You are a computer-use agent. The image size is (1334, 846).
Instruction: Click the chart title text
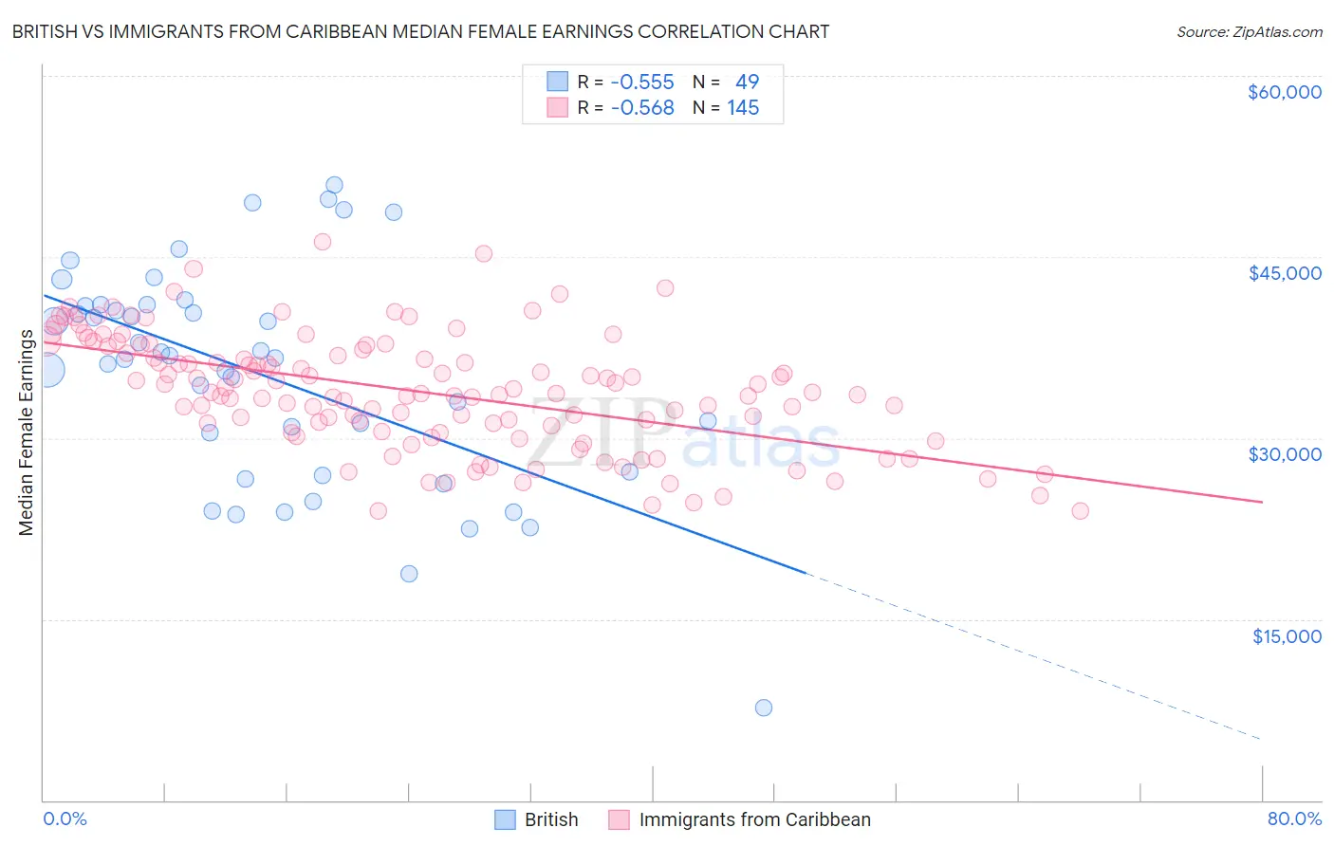pyautogui.click(x=420, y=31)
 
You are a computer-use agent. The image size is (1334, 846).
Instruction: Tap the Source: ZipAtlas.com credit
pyautogui.click(x=1249, y=31)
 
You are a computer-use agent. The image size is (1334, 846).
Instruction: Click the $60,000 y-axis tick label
pyautogui.click(x=1284, y=92)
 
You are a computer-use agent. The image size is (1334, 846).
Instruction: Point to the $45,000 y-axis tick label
pyautogui.click(x=1284, y=273)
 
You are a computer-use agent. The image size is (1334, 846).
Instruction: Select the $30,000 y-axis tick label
pyautogui.click(x=1284, y=454)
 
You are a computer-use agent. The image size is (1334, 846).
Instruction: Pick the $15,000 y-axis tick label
pyautogui.click(x=1286, y=635)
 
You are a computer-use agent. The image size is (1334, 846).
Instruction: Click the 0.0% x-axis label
pyautogui.click(x=65, y=818)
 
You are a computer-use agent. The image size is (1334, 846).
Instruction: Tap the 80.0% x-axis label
pyautogui.click(x=1294, y=818)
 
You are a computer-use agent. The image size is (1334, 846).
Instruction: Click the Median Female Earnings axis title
pyautogui.click(x=27, y=432)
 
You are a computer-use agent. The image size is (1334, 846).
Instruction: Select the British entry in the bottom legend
pyautogui.click(x=550, y=819)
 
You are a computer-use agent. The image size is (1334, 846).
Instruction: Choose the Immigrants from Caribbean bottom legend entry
pyautogui.click(x=754, y=819)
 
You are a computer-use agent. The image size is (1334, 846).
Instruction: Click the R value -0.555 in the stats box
pyautogui.click(x=642, y=83)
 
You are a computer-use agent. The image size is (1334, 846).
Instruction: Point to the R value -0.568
pyautogui.click(x=642, y=108)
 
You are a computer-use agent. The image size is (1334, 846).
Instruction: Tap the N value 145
pyautogui.click(x=743, y=108)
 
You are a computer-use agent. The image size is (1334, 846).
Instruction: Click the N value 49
pyautogui.click(x=747, y=83)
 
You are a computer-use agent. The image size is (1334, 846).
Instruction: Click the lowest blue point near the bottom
pyautogui.click(x=764, y=708)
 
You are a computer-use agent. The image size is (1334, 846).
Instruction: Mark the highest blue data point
pyautogui.click(x=334, y=185)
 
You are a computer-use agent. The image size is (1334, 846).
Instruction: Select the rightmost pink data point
pyautogui.click(x=1080, y=511)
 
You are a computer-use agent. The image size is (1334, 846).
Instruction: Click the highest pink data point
pyautogui.click(x=323, y=242)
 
